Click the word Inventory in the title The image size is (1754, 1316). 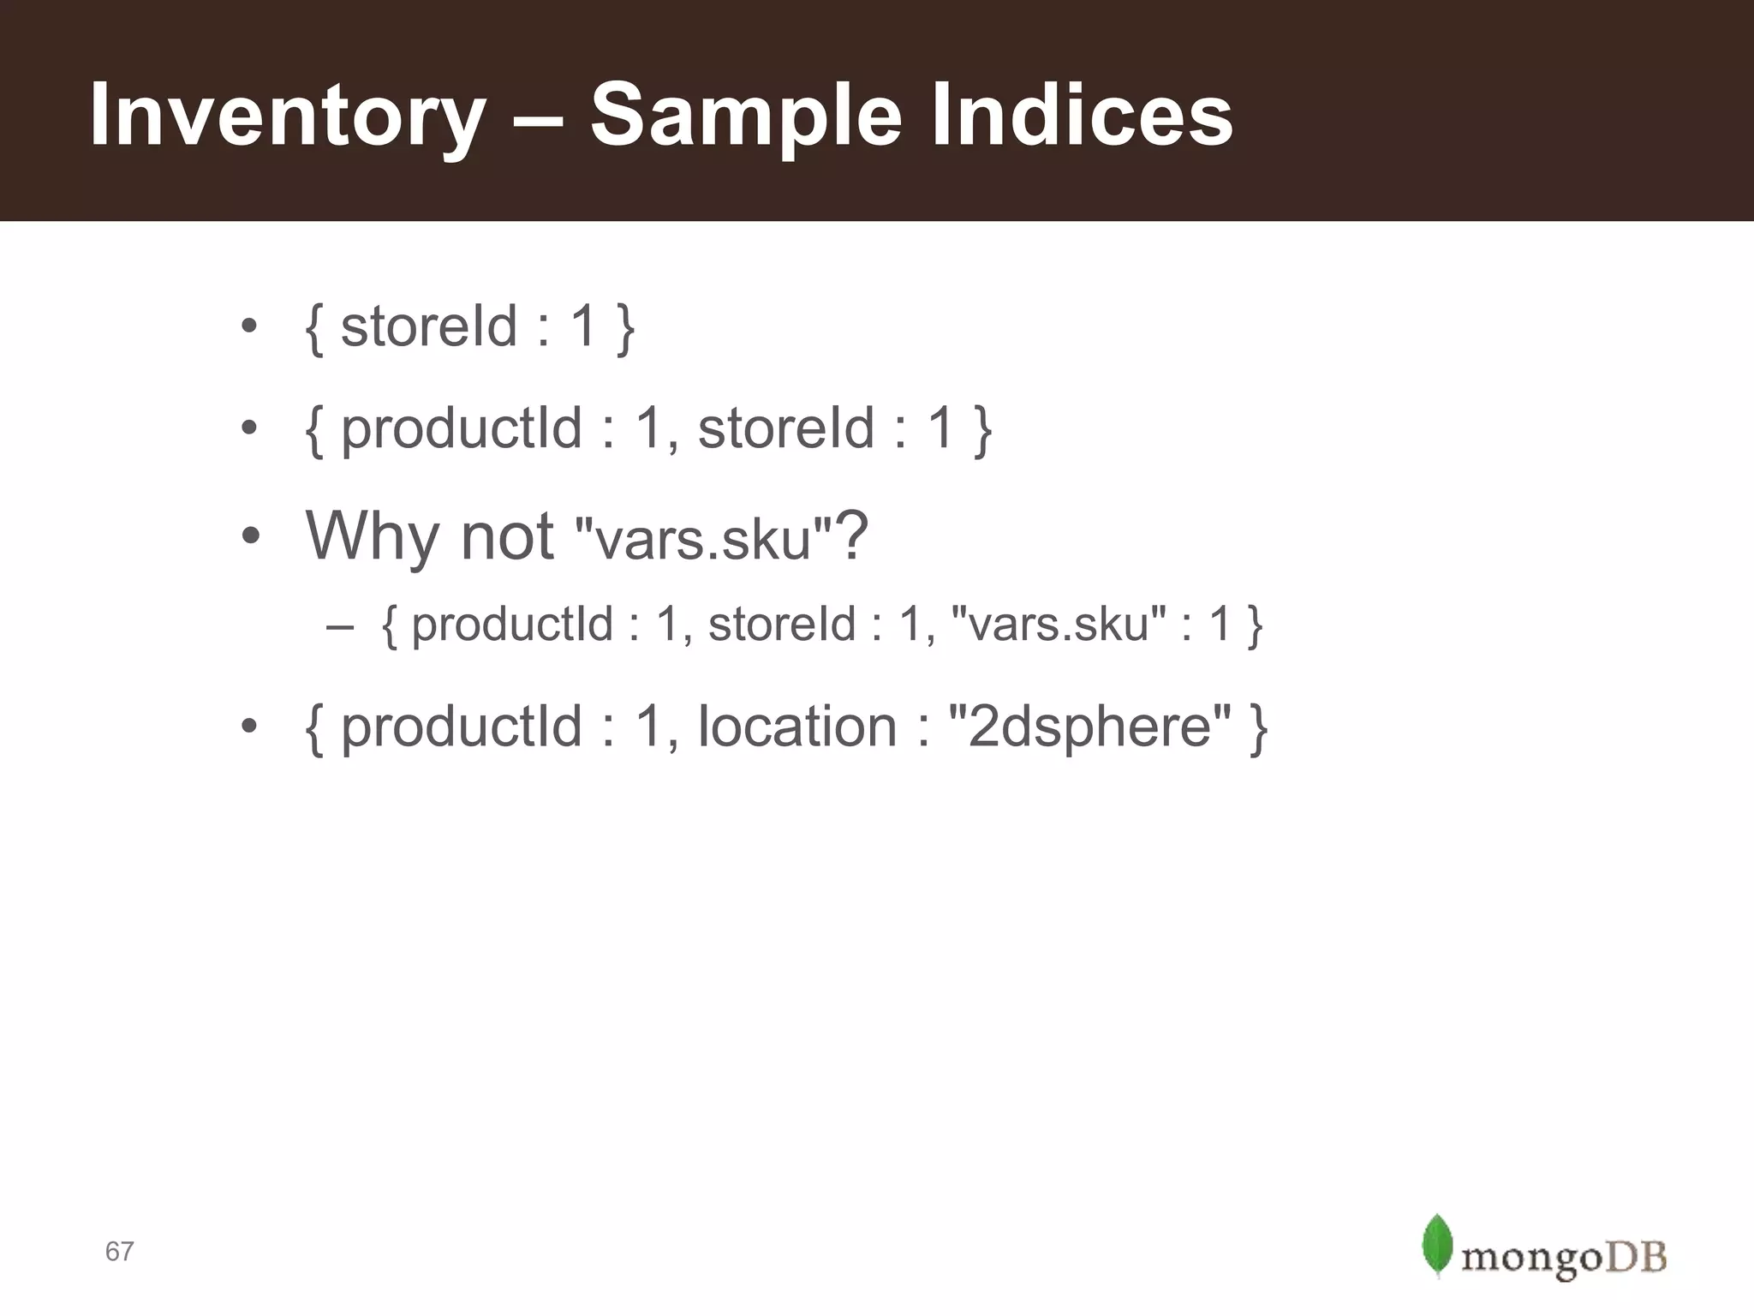point(287,116)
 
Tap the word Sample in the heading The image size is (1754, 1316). point(746,116)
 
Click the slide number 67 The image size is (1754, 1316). point(119,1252)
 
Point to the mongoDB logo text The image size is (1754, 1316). point(1564,1258)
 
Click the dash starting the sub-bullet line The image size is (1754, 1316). point(339,625)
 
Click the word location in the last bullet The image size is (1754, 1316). point(796,727)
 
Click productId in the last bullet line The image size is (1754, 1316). point(462,727)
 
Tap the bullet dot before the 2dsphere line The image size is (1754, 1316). point(249,727)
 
